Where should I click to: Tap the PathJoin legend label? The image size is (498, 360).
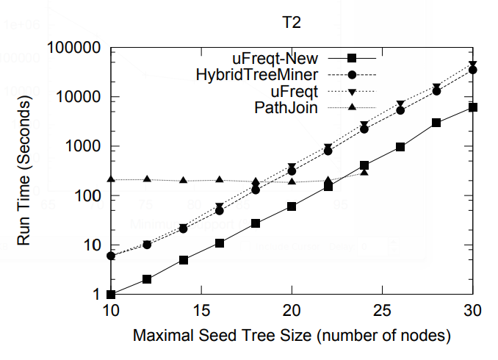point(286,108)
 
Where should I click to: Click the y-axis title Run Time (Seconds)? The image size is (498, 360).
point(24,171)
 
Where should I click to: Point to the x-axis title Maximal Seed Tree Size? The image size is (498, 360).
point(291,336)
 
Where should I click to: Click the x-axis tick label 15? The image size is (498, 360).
point(201,311)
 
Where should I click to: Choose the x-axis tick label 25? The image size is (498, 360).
point(383,311)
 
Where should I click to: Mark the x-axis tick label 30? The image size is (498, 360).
point(473,311)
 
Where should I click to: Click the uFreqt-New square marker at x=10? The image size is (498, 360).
point(111,294)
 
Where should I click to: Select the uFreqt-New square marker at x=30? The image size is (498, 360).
point(473,107)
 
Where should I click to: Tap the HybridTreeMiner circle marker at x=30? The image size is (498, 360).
point(473,70)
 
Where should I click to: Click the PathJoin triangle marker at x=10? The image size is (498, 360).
point(111,179)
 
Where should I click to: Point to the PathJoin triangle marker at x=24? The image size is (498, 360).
point(364,172)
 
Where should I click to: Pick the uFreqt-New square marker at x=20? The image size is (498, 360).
point(292,206)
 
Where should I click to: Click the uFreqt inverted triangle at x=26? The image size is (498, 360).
point(401,104)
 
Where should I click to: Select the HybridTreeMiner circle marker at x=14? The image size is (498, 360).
point(184,228)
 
